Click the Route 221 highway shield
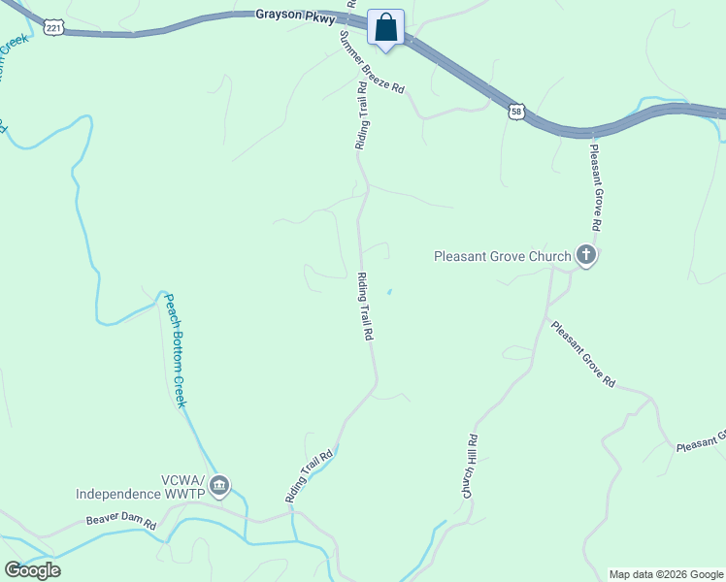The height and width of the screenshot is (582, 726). (x=53, y=28)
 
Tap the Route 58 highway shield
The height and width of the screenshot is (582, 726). (x=516, y=113)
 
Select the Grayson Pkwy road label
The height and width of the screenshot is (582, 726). (x=296, y=16)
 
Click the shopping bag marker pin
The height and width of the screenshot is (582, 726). (x=385, y=28)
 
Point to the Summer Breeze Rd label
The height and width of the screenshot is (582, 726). (x=370, y=61)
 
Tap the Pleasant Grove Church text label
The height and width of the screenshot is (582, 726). (x=502, y=257)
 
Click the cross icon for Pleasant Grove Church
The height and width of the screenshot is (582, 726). (x=585, y=255)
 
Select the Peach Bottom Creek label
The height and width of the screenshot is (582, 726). (x=175, y=349)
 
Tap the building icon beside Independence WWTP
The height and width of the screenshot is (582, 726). (x=219, y=484)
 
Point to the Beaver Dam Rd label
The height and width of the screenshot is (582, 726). (x=121, y=521)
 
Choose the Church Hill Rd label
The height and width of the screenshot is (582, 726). (x=469, y=467)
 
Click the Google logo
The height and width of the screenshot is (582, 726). (x=33, y=570)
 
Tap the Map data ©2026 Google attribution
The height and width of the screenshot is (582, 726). (x=666, y=574)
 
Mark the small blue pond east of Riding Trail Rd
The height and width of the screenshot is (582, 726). (x=390, y=291)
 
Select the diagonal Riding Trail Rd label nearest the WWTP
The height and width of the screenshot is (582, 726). (x=310, y=475)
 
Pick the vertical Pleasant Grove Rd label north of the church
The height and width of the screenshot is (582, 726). (x=595, y=187)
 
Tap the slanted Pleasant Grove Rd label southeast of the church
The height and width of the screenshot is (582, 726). (x=582, y=354)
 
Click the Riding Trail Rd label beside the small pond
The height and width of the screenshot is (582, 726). (x=366, y=307)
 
